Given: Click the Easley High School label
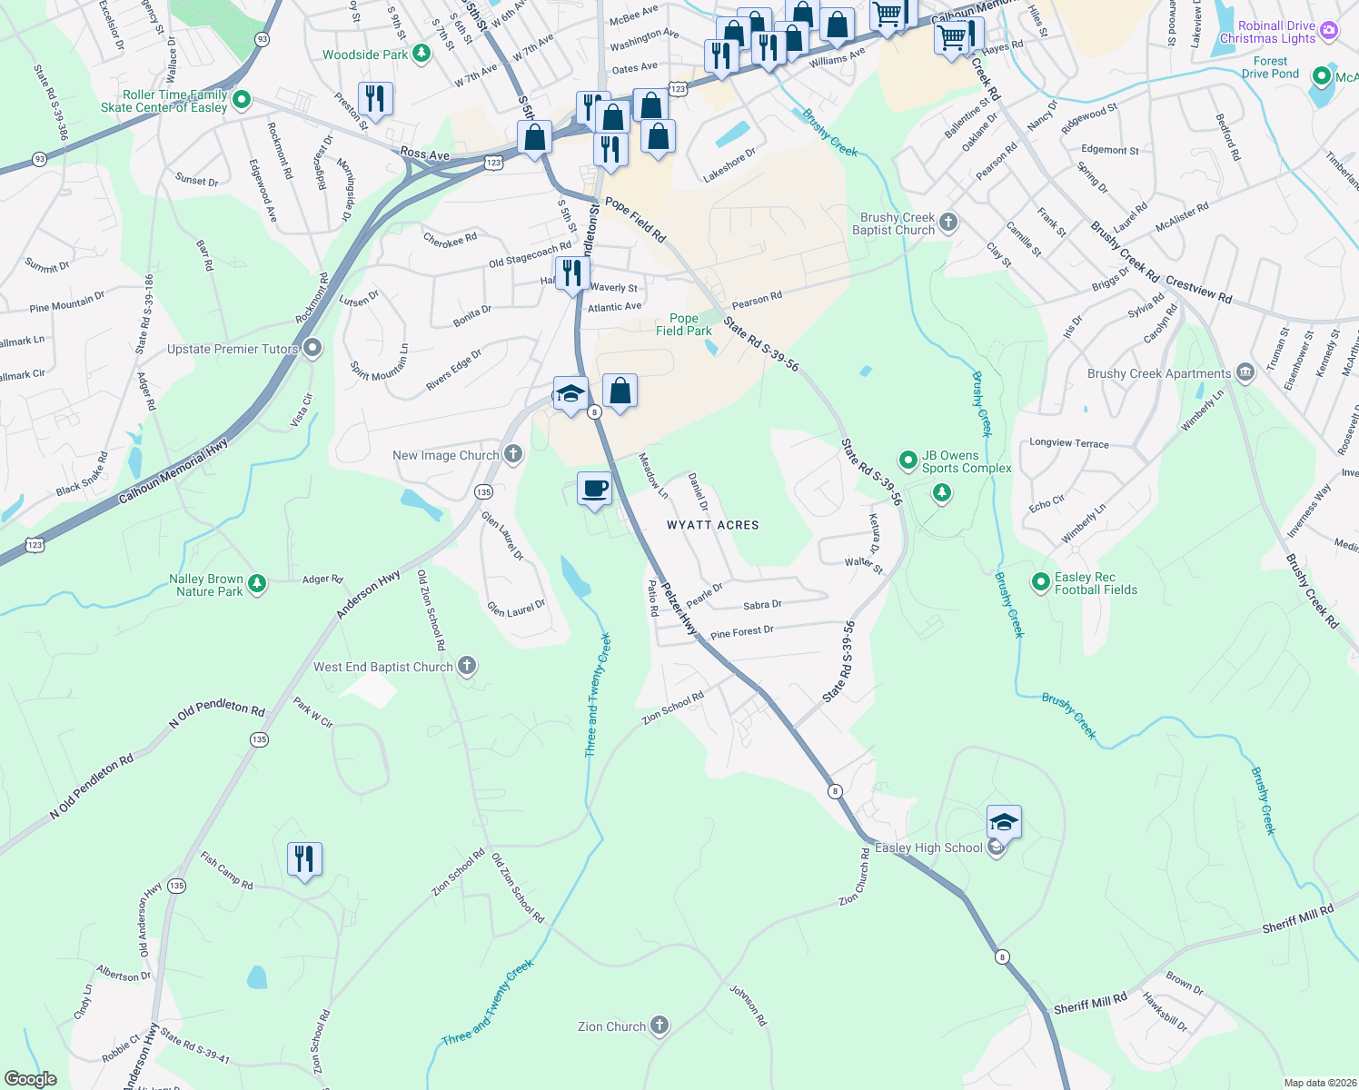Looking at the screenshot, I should (927, 848).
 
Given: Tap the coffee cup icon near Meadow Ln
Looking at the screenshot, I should (595, 489).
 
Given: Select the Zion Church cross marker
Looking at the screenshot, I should (660, 1026).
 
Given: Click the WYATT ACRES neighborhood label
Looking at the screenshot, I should (712, 525).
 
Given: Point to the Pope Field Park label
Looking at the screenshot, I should (683, 324).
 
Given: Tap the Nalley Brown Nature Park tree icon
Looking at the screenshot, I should (257, 583).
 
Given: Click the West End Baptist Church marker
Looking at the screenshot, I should (466, 667).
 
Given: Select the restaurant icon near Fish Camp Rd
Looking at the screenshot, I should (304, 858).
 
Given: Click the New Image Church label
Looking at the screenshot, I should (445, 455).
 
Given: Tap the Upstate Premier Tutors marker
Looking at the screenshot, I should (312, 349).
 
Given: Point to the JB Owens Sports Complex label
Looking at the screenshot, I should (966, 461).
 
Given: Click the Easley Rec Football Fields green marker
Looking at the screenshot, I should (1041, 582).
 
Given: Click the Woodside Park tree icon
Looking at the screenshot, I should (421, 54).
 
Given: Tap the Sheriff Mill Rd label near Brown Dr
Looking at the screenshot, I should (1090, 1003).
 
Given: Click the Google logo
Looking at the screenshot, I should (30, 1079).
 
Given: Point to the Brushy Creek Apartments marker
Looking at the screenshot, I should (1245, 372).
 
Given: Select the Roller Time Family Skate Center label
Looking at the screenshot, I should (164, 101).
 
